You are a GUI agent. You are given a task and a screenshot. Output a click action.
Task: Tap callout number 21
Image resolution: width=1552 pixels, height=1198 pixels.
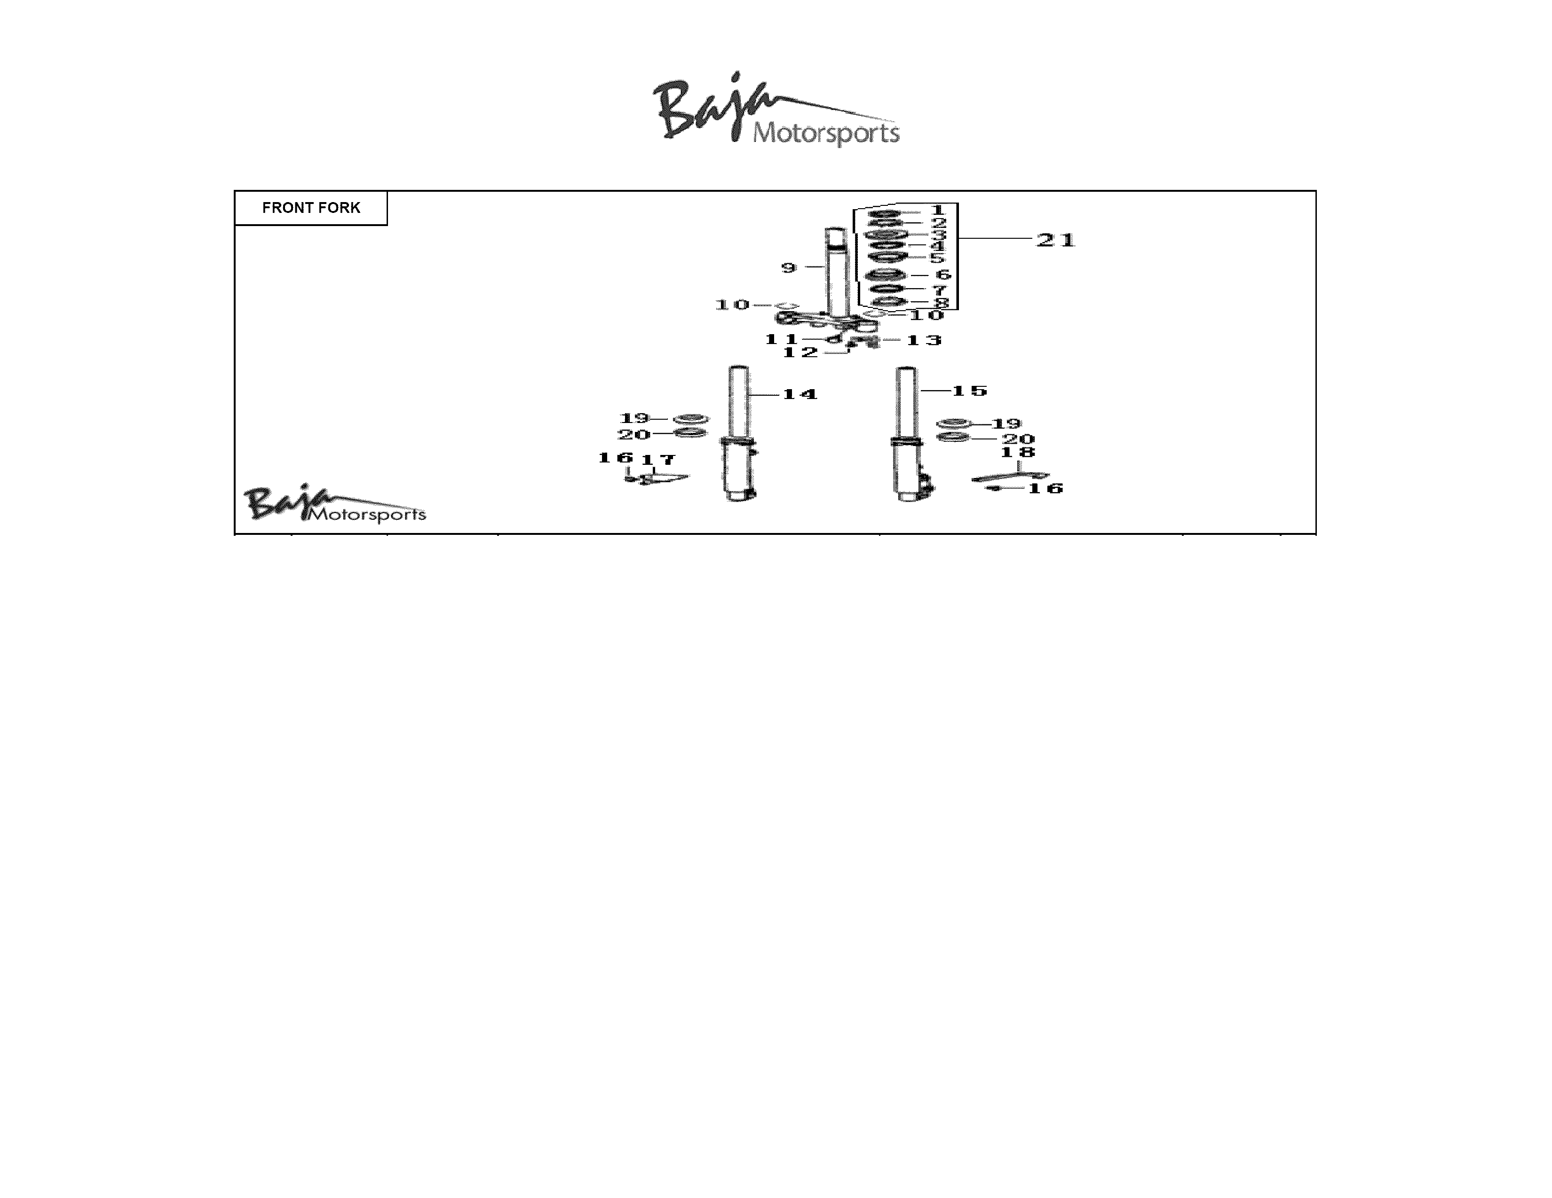(x=1056, y=240)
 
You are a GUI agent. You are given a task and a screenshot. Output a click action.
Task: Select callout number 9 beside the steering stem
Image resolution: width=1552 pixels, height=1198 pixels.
(x=789, y=268)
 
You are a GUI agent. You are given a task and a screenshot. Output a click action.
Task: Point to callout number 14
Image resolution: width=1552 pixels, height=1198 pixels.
(x=800, y=394)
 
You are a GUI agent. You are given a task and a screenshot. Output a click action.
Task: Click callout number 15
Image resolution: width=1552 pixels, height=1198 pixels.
(x=969, y=391)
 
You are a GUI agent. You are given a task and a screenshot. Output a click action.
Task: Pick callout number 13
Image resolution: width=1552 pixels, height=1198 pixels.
(x=924, y=340)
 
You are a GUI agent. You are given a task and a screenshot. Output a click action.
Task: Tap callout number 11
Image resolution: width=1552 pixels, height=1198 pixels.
(x=782, y=339)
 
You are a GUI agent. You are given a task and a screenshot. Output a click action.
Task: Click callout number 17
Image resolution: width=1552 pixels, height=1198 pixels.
(x=658, y=460)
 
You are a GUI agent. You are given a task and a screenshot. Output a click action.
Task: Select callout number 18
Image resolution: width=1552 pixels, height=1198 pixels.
(x=1018, y=452)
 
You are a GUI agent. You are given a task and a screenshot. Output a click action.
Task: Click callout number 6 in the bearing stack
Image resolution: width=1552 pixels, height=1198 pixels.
(x=943, y=275)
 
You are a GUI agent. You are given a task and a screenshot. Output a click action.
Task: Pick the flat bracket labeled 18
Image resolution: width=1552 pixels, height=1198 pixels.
(x=1010, y=477)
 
